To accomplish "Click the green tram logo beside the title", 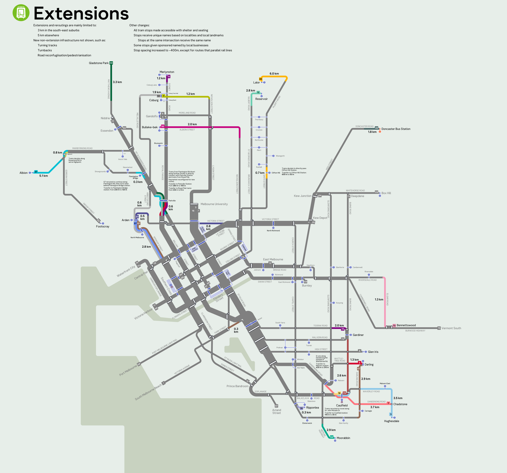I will pos(21,13).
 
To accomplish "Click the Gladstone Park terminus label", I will pos(99,63).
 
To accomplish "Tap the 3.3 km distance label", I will pos(117,82).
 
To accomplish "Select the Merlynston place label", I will pos(167,72).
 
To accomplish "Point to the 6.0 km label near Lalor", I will pos(274,74).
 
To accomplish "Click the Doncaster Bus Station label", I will pos(396,129).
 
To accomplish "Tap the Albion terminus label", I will pos(24,173).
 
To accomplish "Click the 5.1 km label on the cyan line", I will pos(44,176).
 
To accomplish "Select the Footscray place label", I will pos(103,226).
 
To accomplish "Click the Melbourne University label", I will pos(214,204).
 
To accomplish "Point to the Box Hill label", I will pos(386,193).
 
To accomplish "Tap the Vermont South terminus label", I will pos(451,328).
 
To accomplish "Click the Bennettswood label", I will pos(406,325).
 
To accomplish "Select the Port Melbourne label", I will pos(128,371).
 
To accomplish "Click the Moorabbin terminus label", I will pos(343,438).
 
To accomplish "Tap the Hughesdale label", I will pos(391,421).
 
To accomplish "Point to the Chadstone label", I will pos(400,404).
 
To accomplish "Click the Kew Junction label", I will pos(303,196).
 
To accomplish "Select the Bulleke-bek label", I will pos(150,127).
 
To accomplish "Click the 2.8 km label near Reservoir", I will pos(250,91).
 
